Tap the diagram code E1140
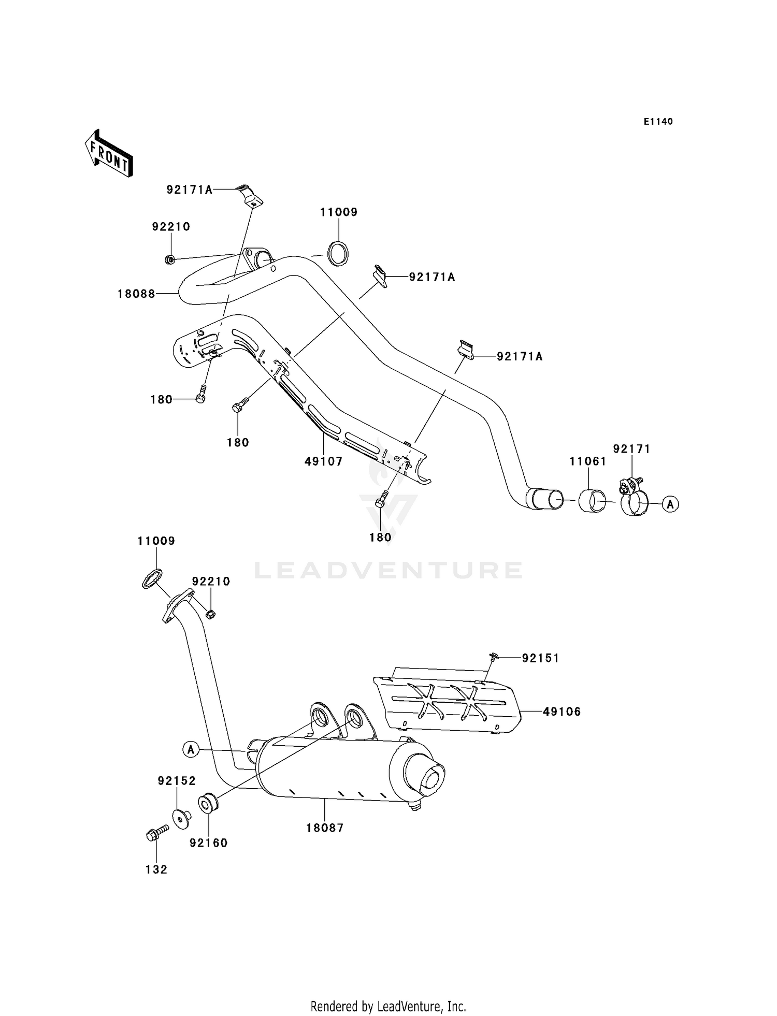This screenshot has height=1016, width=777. click(658, 122)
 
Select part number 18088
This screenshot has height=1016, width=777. click(136, 294)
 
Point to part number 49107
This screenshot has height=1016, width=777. click(324, 461)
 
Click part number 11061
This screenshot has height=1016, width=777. click(588, 461)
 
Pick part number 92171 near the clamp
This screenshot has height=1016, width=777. click(631, 449)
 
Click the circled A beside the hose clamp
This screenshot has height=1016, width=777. click(671, 503)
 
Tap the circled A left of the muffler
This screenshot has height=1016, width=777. click(191, 749)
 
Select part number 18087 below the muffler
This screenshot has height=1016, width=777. click(325, 828)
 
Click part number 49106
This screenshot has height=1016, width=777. click(562, 712)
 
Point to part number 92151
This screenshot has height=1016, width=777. click(540, 658)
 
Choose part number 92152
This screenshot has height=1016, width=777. click(177, 781)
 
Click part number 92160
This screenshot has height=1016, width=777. click(208, 843)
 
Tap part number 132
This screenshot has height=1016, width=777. click(156, 869)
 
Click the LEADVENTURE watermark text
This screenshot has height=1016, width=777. click(388, 571)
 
